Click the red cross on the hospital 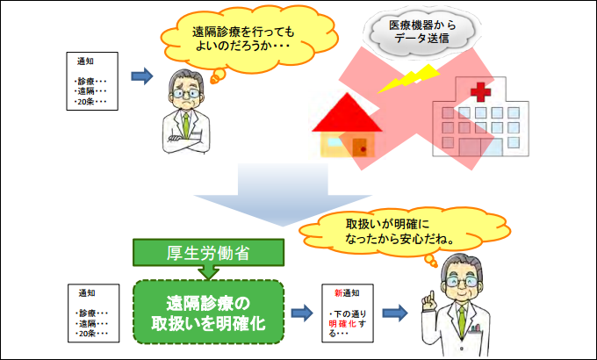tap(479, 90)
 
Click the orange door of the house tap(359, 147)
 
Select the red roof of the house tap(349, 113)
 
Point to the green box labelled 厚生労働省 tap(209, 254)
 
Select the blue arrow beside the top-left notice tap(141, 77)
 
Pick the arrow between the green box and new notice tap(303, 313)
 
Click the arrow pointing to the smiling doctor tap(393, 313)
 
